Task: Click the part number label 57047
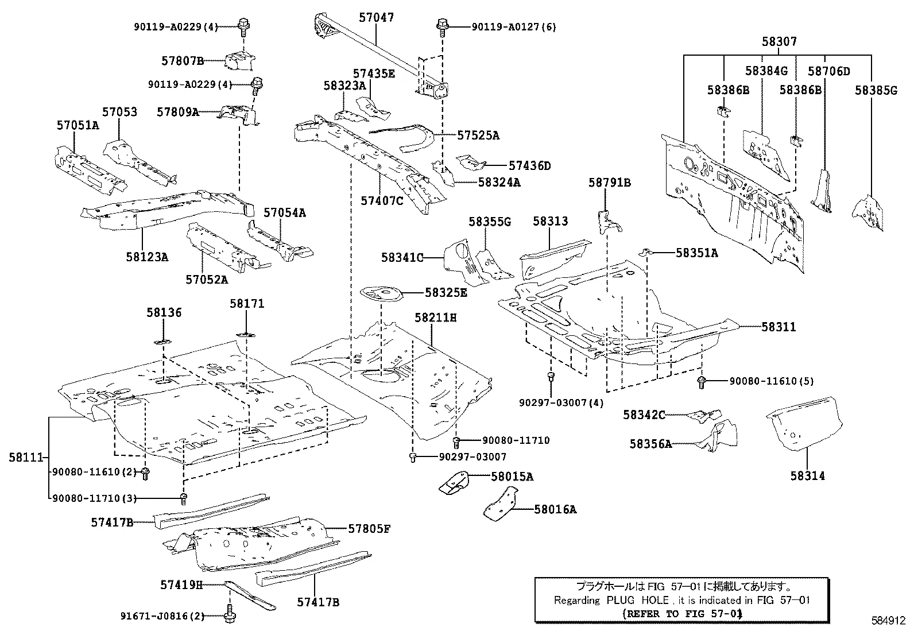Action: coord(376,17)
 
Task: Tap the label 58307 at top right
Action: coord(779,41)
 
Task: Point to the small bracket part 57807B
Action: coord(241,60)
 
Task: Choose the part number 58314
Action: coord(807,475)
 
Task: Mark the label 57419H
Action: coord(181,584)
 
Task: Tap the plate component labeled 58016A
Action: coord(500,505)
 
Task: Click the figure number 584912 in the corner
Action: coord(888,620)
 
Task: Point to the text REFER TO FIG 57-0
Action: coord(681,613)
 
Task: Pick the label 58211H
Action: coord(435,317)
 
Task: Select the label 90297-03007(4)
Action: coord(561,402)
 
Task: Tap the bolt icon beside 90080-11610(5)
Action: coord(701,381)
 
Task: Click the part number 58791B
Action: coord(609,183)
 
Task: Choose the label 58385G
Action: coord(876,90)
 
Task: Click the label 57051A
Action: coord(78,125)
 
